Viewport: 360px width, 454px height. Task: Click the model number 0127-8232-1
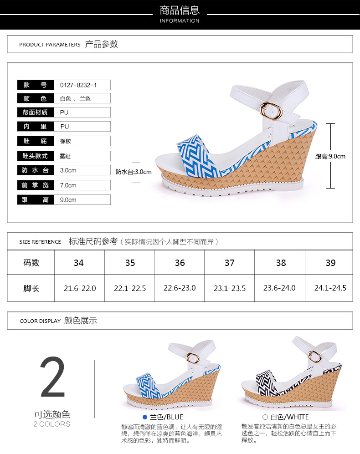point(78,85)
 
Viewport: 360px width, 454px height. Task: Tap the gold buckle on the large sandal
point(271,111)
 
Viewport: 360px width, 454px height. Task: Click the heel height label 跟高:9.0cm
point(330,156)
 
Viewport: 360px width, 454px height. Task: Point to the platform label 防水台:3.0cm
point(134,172)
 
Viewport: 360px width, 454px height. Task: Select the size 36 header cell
point(180,263)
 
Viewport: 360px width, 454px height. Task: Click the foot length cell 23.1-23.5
point(230,288)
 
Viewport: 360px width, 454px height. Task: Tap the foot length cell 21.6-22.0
point(80,288)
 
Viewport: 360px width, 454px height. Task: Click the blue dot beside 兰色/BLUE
point(145,417)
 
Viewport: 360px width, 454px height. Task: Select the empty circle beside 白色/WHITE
point(265,417)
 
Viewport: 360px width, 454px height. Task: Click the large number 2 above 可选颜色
point(52,377)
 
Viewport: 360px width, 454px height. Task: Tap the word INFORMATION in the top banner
point(180,21)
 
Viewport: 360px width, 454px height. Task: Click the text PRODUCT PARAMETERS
point(50,45)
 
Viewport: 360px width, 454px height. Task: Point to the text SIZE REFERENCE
point(40,242)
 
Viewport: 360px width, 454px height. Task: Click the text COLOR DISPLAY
point(40,321)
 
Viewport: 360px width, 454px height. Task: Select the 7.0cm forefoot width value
point(68,185)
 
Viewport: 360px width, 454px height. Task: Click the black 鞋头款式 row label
point(36,156)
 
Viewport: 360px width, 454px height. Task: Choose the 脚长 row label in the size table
point(31,288)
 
